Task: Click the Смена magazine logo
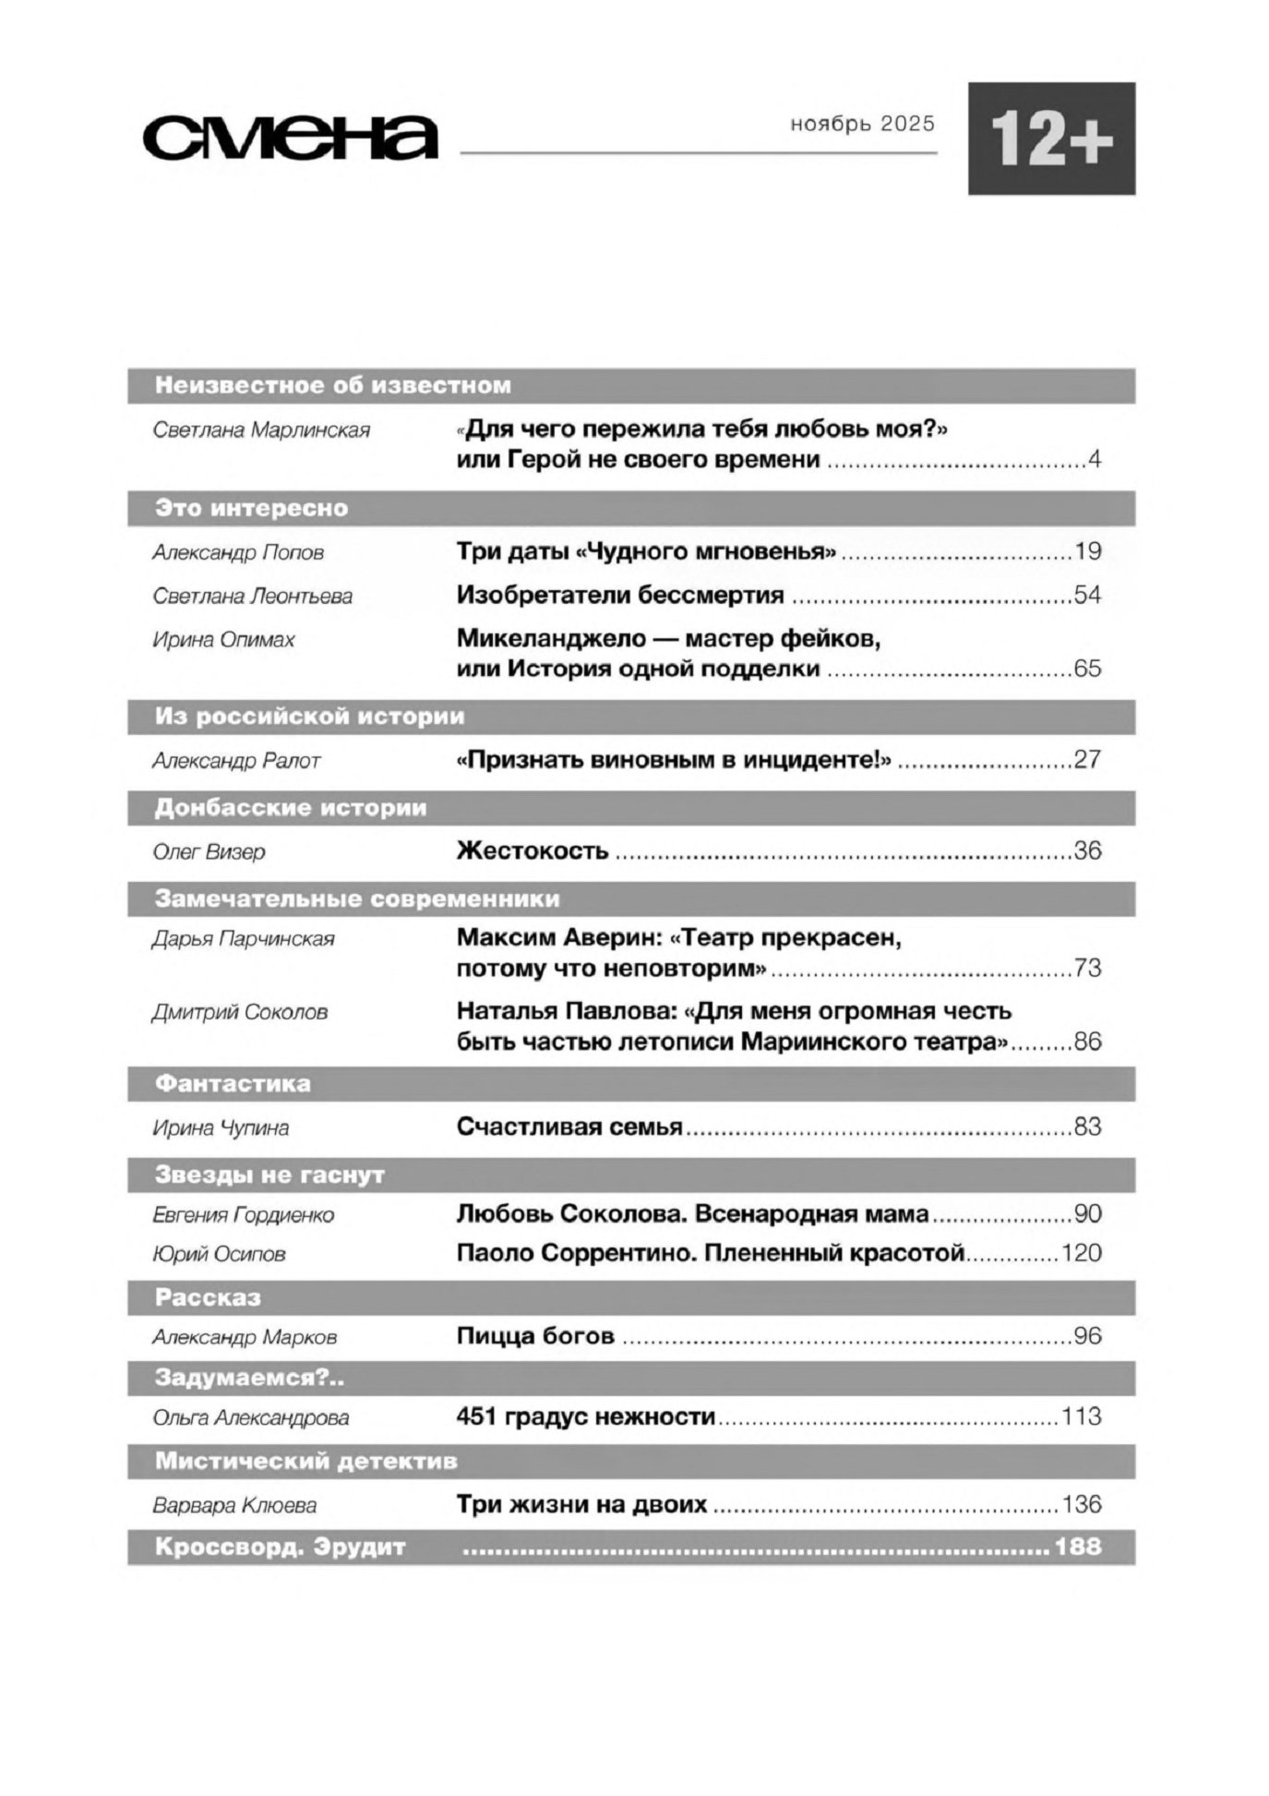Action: (290, 138)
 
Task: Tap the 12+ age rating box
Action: (1051, 139)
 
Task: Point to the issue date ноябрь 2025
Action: (862, 124)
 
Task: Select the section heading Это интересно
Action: (251, 508)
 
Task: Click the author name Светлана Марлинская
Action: (261, 430)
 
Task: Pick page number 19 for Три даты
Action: (1087, 552)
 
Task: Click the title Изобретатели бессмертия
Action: (620, 596)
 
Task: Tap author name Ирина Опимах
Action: (223, 640)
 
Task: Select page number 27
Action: (1087, 760)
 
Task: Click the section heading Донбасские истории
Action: (291, 808)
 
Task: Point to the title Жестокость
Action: (533, 850)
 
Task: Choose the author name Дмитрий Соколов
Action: (240, 1013)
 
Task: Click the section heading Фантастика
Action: (233, 1083)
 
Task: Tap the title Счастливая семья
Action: (569, 1127)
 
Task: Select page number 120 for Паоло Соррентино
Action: (1082, 1253)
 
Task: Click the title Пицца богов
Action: (535, 1336)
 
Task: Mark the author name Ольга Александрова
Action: (251, 1417)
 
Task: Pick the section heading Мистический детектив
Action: (306, 1462)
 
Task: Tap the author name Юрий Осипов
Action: (219, 1254)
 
